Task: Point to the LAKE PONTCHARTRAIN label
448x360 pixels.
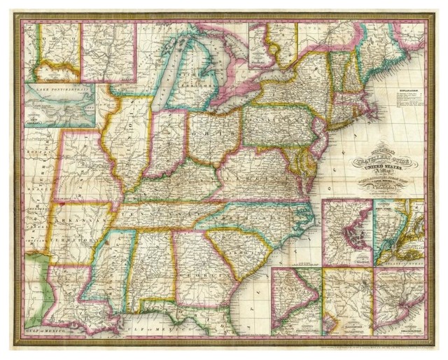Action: pos(59,89)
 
